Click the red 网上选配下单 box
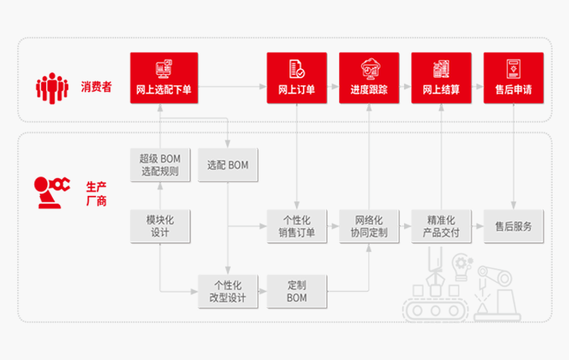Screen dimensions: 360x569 pyautogui.click(x=164, y=76)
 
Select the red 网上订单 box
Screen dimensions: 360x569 pyautogui.click(x=297, y=76)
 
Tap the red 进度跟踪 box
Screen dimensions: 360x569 pyautogui.click(x=369, y=76)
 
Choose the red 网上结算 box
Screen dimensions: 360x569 pyautogui.click(x=441, y=76)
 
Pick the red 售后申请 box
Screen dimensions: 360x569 pyautogui.click(x=514, y=76)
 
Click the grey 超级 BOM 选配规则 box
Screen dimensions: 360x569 pyautogui.click(x=160, y=165)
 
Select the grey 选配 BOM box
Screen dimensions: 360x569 pyautogui.click(x=228, y=165)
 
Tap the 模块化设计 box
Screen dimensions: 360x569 pyautogui.click(x=160, y=227)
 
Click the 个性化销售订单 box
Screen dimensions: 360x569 pyautogui.click(x=297, y=227)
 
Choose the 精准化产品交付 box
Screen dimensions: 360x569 pyautogui.click(x=441, y=227)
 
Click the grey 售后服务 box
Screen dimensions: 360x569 pyautogui.click(x=514, y=227)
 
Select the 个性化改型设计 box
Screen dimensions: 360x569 pyautogui.click(x=228, y=292)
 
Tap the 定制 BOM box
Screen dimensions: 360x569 pyautogui.click(x=297, y=292)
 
